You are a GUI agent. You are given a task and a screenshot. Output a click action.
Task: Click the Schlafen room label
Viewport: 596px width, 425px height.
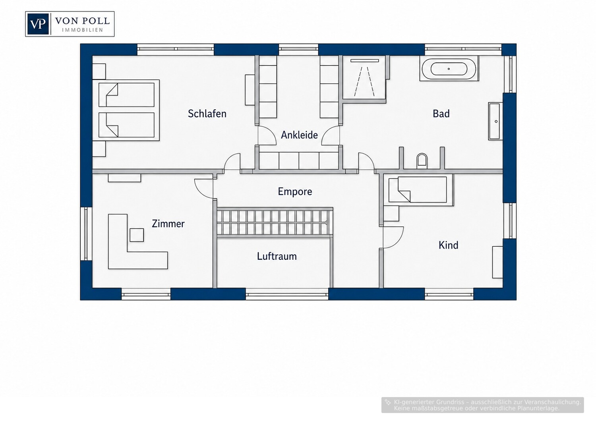point(207,114)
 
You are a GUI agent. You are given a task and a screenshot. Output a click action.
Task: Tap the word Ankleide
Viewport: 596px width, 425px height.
point(299,135)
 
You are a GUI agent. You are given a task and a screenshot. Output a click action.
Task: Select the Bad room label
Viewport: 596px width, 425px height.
point(441,114)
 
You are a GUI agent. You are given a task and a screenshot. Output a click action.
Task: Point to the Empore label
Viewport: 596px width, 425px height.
point(295,191)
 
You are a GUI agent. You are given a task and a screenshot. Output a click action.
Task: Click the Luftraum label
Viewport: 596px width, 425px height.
point(277,256)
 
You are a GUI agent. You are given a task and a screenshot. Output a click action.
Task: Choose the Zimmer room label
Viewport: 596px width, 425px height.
point(168,224)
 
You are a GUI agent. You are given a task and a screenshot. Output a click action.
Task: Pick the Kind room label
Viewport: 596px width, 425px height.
point(448,245)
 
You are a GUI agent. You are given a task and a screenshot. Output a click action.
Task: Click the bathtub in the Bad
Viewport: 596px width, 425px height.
point(449,69)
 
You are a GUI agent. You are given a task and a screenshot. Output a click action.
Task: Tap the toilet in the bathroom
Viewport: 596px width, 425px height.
point(422,161)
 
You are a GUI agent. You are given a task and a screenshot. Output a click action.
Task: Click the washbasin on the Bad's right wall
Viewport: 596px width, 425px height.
point(495,121)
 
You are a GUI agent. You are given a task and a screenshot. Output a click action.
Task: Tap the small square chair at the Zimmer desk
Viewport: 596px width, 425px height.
point(137,235)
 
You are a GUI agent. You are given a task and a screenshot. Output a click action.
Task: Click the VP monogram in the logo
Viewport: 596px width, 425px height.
point(38,24)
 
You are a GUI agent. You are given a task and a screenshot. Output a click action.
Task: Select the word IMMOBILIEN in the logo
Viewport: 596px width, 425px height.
point(83,30)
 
